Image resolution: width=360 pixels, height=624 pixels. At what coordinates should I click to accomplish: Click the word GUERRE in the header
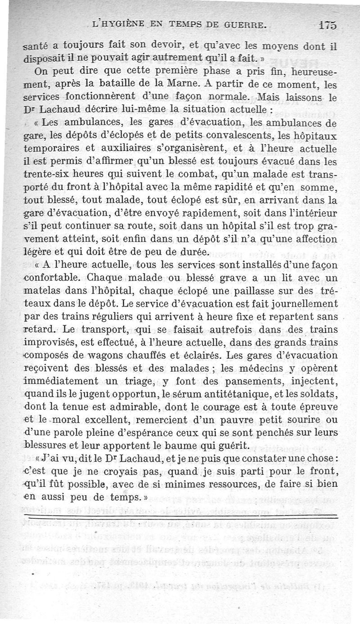(242, 25)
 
